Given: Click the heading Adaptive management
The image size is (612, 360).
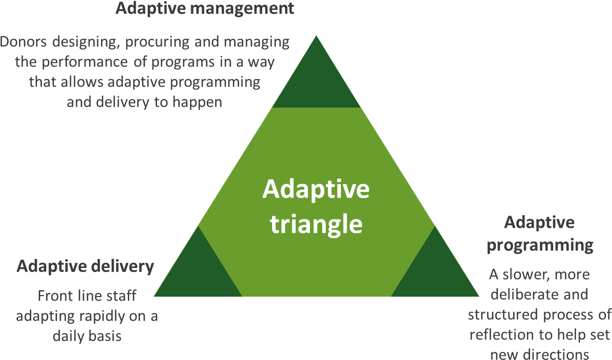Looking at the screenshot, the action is coord(205,9).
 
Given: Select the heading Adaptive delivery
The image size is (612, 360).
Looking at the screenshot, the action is coord(85,266).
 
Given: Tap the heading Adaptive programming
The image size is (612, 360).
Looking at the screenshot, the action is coord(540,234).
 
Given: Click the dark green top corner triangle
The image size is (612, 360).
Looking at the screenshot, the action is coord(316,79).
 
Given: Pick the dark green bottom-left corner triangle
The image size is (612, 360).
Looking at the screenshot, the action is coord(198,271).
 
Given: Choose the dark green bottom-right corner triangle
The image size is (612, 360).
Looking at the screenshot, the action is coord(435,271).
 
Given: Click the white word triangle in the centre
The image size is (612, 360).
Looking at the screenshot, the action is coord(316,225).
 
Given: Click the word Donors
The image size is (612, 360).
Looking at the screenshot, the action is coord(23,42).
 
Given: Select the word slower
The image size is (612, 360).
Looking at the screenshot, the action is coord(522,275).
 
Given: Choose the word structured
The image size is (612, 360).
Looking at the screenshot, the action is coord(503,315).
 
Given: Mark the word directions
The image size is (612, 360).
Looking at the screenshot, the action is coord(560,355).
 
